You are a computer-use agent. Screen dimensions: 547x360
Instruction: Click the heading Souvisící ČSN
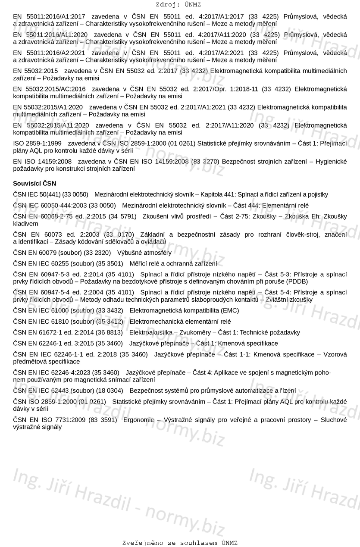point(34,183)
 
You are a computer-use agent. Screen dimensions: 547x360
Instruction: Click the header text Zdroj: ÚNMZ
point(179,5)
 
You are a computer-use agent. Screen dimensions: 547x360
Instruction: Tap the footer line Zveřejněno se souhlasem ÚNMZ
point(180,543)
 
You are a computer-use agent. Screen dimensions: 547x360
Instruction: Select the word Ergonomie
point(138,420)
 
